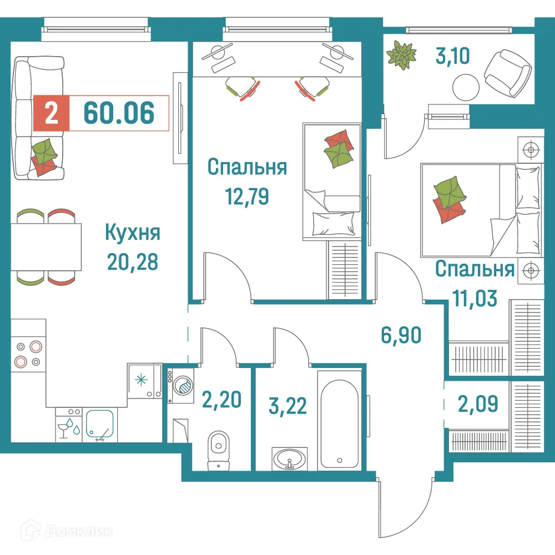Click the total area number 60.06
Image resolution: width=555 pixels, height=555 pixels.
(x=118, y=113)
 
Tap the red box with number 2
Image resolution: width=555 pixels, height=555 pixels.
(x=51, y=113)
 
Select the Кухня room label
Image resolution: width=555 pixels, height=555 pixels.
(x=133, y=233)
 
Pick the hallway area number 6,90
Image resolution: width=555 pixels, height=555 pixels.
(x=400, y=335)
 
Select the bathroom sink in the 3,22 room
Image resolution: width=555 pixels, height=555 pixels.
(x=289, y=458)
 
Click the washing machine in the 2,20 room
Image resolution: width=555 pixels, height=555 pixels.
(x=181, y=384)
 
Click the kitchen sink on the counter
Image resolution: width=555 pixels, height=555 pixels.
(x=100, y=425)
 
